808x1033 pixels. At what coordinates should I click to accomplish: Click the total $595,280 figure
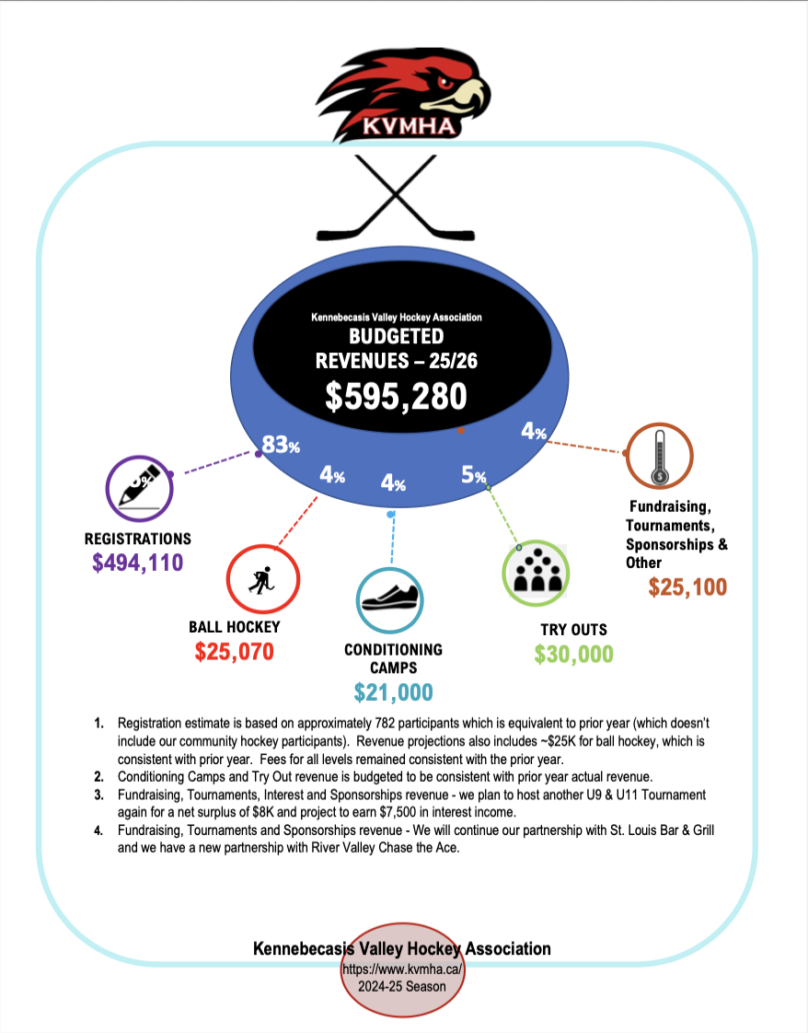pyautogui.click(x=397, y=395)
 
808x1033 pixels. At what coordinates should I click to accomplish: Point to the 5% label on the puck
pyautogui.click(x=473, y=475)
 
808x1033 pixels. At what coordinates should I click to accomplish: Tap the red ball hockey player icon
pyautogui.click(x=262, y=580)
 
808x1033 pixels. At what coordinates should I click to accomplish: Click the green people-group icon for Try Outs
pyautogui.click(x=537, y=575)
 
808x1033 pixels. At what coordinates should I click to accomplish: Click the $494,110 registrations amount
pyautogui.click(x=138, y=563)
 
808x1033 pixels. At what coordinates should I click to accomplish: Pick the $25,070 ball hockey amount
pyautogui.click(x=235, y=652)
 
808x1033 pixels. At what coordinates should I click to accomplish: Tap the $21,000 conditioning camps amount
pyautogui.click(x=393, y=692)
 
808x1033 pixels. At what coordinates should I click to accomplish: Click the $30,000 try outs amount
pyautogui.click(x=573, y=654)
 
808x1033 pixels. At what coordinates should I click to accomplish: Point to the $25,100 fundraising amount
pyautogui.click(x=687, y=586)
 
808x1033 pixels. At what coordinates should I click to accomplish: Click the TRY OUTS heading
pyautogui.click(x=573, y=631)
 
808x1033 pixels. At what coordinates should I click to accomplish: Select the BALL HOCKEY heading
pyautogui.click(x=235, y=627)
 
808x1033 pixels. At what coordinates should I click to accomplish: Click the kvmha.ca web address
pyautogui.click(x=401, y=969)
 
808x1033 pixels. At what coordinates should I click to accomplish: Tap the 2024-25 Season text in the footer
pyautogui.click(x=402, y=986)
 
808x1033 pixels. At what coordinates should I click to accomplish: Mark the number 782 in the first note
pyautogui.click(x=455, y=725)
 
